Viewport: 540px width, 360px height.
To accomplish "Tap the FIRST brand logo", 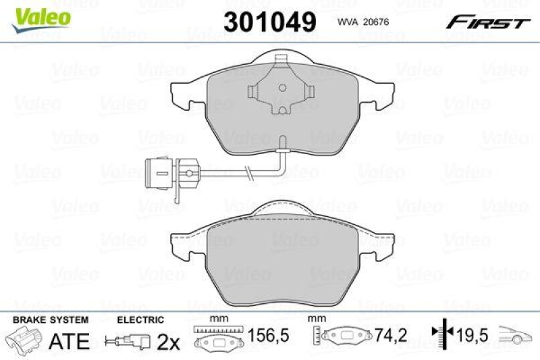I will click(x=486, y=23).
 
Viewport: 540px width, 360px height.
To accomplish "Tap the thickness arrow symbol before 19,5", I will click(x=441, y=333).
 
